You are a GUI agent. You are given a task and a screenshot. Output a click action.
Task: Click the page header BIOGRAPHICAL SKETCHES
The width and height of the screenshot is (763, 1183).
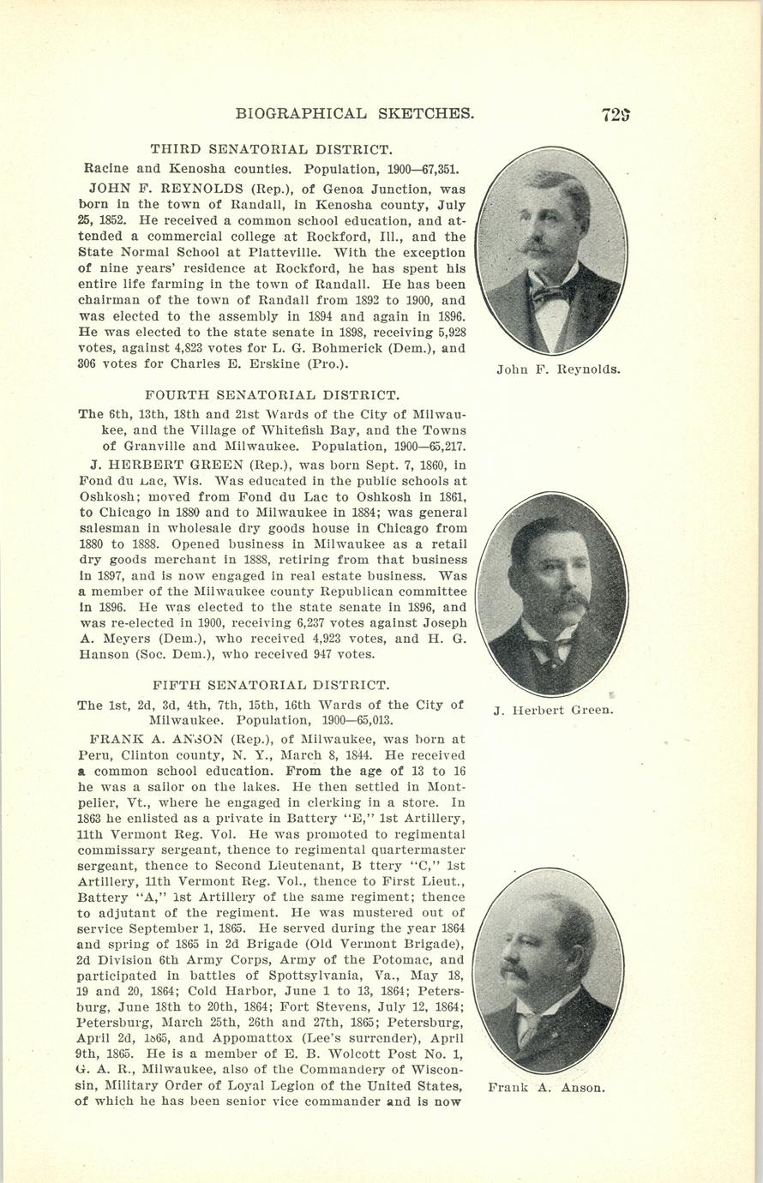354,113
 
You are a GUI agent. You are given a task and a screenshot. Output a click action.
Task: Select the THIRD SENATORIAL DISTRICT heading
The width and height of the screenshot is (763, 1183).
271,149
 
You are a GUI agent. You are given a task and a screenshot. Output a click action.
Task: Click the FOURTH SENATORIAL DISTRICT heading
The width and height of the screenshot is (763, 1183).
272,395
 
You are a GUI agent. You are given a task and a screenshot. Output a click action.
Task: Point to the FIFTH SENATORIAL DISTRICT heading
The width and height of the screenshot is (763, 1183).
270,685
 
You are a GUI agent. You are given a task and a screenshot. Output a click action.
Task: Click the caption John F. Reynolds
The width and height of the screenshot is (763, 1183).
557,370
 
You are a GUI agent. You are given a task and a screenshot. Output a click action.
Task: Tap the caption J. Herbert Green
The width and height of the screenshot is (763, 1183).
553,710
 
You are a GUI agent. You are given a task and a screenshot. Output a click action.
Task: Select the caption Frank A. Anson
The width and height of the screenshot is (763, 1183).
546,1088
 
